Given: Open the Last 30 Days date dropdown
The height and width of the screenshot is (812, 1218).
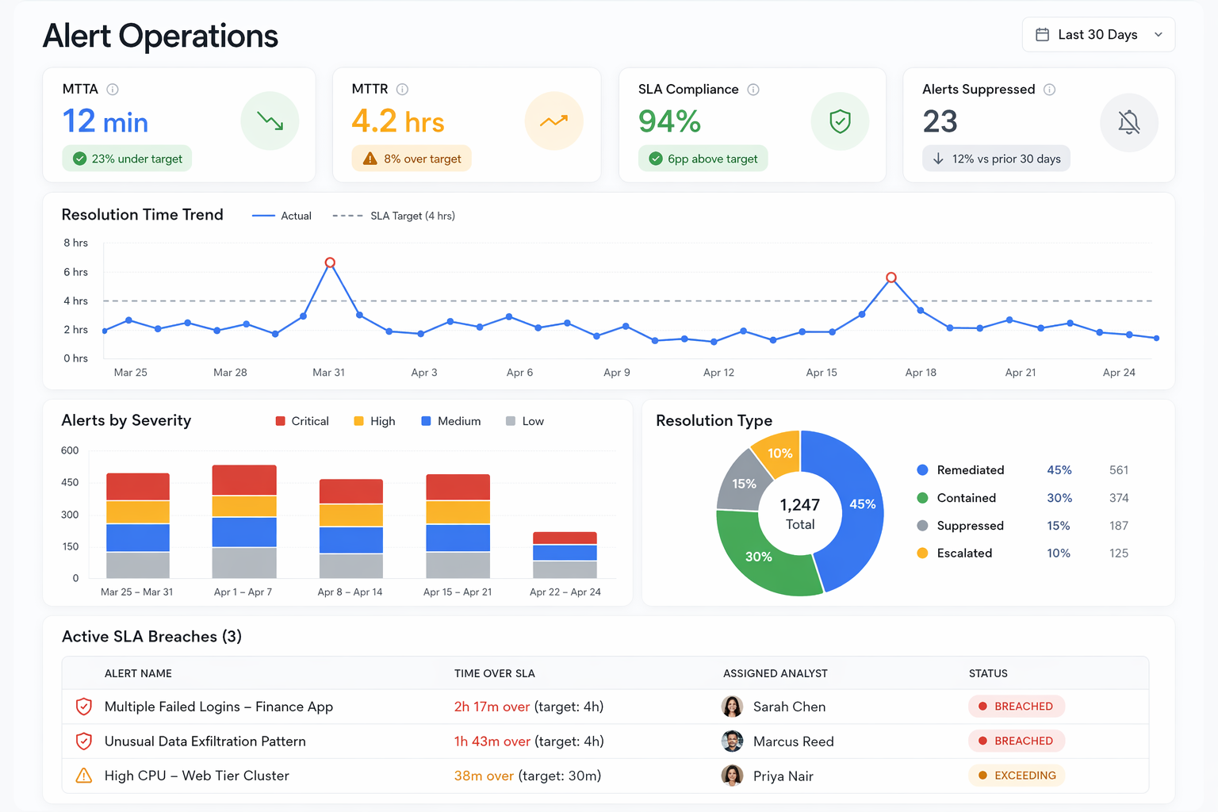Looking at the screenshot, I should [1098, 35].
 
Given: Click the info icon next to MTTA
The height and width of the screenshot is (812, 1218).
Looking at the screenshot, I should [113, 90].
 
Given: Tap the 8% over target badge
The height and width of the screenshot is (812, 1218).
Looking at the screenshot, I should [412, 159].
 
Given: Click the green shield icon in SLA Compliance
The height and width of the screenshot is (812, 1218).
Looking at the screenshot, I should [840, 121].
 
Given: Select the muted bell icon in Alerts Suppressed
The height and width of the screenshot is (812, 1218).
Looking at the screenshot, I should [1128, 122].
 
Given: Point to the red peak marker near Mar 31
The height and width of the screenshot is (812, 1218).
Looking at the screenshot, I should [330, 262].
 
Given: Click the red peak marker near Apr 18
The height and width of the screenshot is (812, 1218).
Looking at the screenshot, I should [891, 278].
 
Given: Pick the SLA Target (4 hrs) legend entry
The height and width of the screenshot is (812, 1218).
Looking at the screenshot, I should [394, 216].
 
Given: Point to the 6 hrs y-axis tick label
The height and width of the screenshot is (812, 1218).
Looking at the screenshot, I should [76, 272].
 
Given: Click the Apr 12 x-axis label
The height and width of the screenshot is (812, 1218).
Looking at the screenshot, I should [718, 373].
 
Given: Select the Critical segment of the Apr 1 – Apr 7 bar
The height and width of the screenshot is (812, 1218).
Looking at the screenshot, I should [244, 481].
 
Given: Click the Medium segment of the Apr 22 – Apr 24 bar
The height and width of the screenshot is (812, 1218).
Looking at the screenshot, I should [565, 553].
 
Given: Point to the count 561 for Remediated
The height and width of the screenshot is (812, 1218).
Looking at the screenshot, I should [1118, 470].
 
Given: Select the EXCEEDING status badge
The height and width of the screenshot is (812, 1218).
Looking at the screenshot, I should [1017, 776].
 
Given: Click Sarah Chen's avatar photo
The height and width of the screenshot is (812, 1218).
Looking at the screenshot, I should [732, 707].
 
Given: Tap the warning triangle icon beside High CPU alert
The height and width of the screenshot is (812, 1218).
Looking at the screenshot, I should [83, 776].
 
